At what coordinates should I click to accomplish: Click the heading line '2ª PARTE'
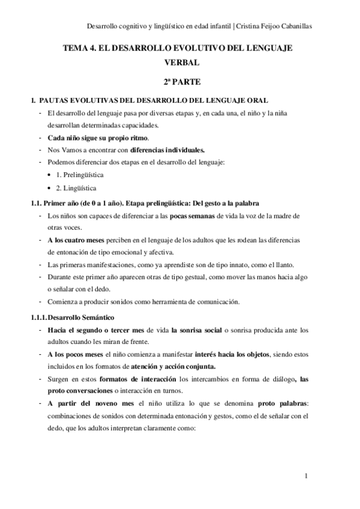pyautogui.click(x=179, y=80)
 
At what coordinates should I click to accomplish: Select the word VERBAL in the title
pyautogui.click(x=179, y=62)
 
